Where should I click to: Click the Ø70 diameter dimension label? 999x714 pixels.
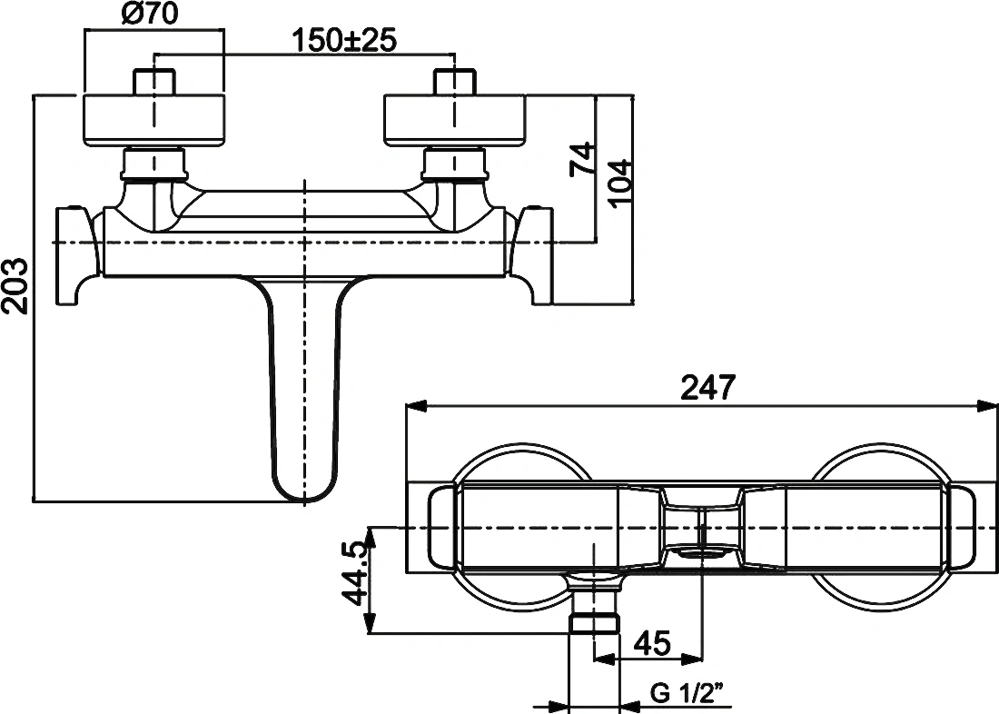pos(149,13)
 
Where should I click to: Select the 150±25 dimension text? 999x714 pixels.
pos(344,41)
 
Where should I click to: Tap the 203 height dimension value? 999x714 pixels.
pos(15,285)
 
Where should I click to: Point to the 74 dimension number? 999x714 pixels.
pos(581,159)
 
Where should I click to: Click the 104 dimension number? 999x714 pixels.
pos(620,183)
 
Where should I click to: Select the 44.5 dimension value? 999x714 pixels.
pos(353,573)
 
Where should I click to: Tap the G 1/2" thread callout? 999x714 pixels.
pos(688,693)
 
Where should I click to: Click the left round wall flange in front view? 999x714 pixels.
pos(154,121)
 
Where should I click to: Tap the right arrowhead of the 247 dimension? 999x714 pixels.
pos(988,406)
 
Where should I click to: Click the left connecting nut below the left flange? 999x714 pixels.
pos(154,164)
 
